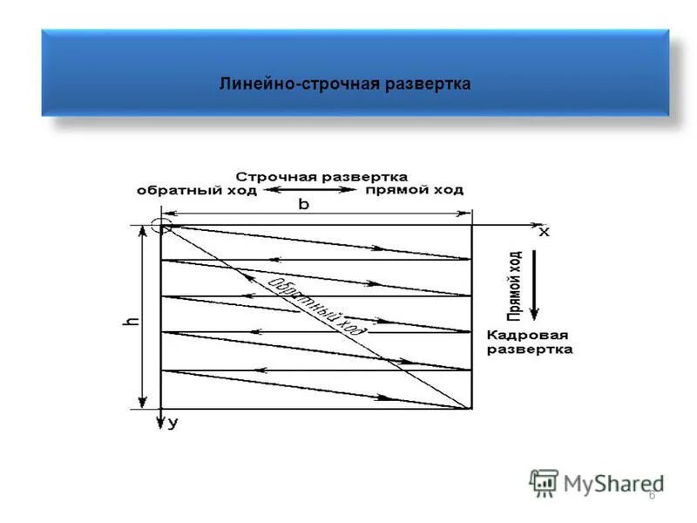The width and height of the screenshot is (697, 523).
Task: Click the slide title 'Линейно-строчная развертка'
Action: pos(345,84)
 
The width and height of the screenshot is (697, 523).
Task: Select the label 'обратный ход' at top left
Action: pos(196,190)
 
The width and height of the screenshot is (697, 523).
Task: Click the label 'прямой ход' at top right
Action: pos(414,189)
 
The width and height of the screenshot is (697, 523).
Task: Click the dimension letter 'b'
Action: pos(303,204)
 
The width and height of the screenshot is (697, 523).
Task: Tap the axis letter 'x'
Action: pos(544,233)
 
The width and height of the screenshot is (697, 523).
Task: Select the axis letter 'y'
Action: pos(173,424)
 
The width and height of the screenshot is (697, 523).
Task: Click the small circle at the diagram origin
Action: pos(160,225)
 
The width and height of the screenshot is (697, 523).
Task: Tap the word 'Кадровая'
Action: pos(527,335)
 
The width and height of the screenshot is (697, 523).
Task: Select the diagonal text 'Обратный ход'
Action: pos(316,305)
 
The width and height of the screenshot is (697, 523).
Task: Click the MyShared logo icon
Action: pos(545,483)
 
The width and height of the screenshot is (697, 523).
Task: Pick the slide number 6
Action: pos(651,496)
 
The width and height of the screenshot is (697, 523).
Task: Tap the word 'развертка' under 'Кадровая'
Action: pos(529,350)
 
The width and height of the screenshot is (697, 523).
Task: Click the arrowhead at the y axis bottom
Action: pos(160,425)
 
